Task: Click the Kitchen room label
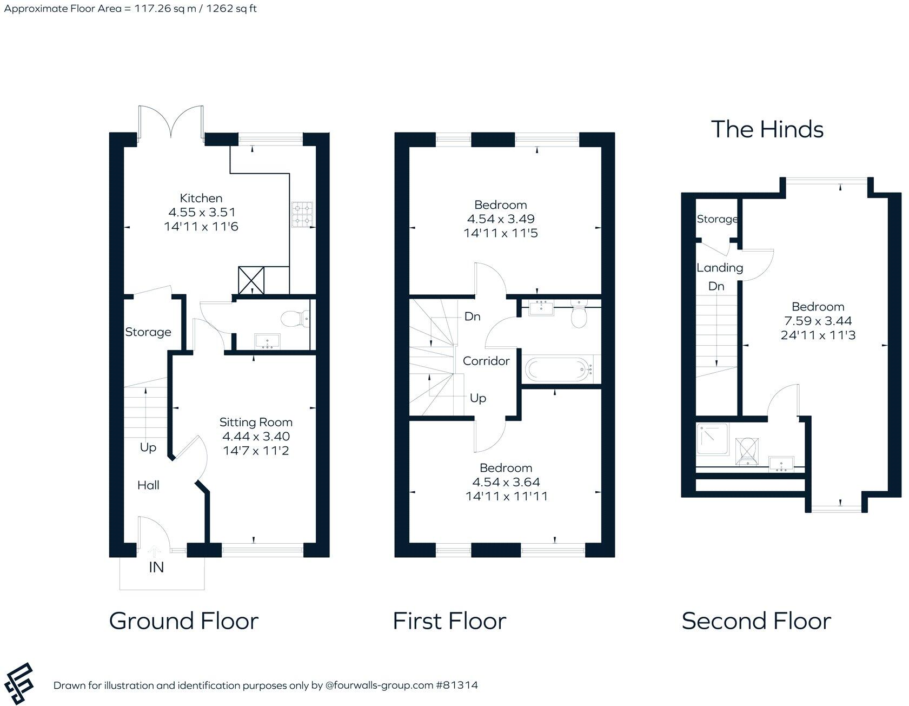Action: coord(201,198)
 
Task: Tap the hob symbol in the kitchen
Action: coord(302,214)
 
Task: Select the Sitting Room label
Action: coord(256,422)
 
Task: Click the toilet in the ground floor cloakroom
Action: coord(294,318)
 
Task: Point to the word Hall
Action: coord(148,485)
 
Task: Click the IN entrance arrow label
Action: coord(156,567)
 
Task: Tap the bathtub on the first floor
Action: coord(558,370)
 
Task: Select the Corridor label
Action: coord(486,361)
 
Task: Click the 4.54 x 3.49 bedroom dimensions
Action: coord(501,219)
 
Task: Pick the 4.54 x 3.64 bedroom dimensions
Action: coord(506,482)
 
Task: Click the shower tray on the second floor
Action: coord(712,438)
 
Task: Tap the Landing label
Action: coord(719,267)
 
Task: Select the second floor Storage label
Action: coord(717,219)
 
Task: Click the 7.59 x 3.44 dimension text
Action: coord(818,321)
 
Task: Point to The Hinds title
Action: coord(767,129)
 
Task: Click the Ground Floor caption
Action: coord(184,621)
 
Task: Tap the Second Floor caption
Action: coord(756,621)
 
